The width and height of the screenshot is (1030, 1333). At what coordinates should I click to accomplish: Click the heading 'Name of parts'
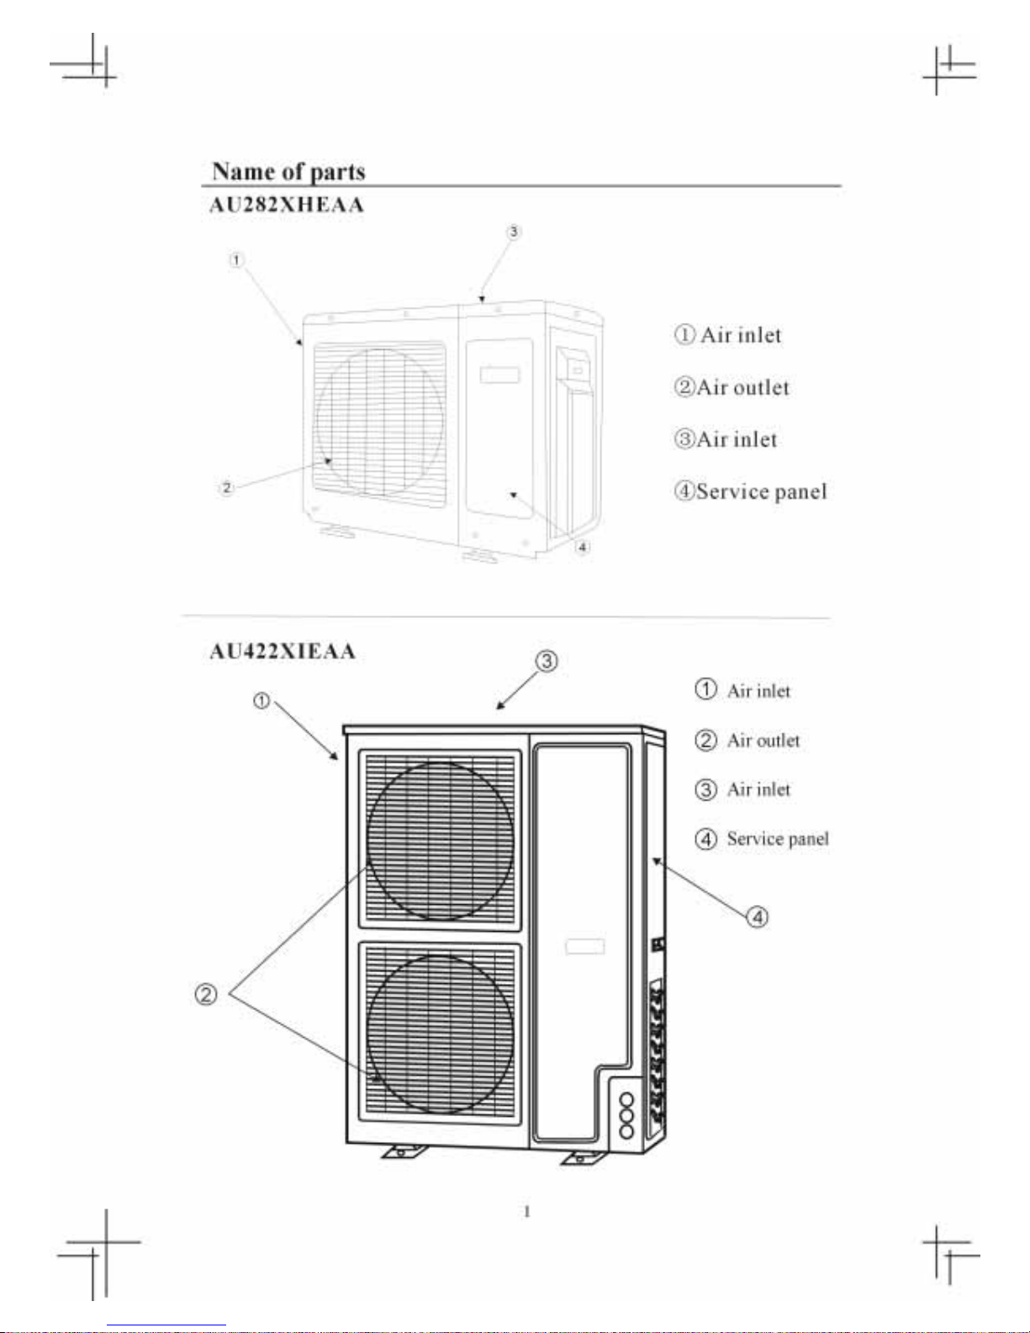288,172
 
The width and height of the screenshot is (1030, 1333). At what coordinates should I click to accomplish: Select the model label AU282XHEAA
287,204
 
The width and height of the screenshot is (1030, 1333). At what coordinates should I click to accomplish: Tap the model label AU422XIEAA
283,652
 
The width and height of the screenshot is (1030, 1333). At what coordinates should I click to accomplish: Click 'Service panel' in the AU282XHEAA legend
761,491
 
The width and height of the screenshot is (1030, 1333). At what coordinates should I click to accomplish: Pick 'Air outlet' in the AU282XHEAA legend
742,388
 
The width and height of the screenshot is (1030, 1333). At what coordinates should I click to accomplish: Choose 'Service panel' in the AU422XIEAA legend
777,838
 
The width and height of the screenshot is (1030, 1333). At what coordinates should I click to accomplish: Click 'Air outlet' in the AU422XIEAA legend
763,740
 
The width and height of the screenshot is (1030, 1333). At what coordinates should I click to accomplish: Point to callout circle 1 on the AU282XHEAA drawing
237,261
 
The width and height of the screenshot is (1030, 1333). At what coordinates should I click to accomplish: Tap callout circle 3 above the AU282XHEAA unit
514,231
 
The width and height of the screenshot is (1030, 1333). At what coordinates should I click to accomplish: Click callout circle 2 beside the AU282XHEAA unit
226,488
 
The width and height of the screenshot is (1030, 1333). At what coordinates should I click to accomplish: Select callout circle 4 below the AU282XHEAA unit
583,547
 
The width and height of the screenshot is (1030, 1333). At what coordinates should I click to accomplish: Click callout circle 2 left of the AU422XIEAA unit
206,995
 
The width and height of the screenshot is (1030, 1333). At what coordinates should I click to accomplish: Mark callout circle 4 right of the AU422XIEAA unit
758,916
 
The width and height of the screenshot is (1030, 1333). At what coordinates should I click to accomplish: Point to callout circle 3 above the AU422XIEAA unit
547,661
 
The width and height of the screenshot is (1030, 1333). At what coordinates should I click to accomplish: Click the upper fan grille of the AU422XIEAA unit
440,840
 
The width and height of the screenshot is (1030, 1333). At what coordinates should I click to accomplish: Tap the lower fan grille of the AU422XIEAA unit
440,1033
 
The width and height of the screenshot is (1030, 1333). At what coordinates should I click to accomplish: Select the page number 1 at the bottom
527,1212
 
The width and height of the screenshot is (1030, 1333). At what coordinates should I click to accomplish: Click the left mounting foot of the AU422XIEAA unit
402,1151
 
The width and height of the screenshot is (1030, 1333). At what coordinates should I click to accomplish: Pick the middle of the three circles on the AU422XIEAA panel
626,1115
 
